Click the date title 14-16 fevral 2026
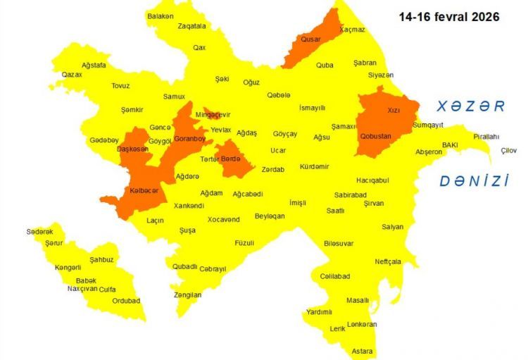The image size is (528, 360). (449, 16)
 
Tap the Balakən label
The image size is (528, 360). (161, 15)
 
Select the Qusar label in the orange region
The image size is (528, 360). (310, 39)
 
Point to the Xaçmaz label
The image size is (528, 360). (352, 30)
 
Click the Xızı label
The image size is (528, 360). (393, 111)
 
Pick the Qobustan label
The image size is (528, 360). (375, 136)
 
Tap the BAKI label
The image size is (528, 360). (450, 144)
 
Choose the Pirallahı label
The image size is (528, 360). (486, 137)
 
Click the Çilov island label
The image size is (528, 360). (508, 150)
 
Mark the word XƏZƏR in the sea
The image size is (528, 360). (470, 106)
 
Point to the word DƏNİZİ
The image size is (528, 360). (474, 181)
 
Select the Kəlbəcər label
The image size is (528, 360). (144, 191)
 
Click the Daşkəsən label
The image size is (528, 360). (132, 149)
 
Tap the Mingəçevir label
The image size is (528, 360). (213, 115)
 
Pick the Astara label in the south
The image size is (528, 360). (362, 351)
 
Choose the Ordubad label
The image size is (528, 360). (127, 301)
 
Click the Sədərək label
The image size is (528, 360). (39, 232)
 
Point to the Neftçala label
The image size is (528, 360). (388, 261)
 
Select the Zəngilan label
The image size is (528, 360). (187, 294)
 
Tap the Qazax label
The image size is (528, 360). (72, 74)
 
